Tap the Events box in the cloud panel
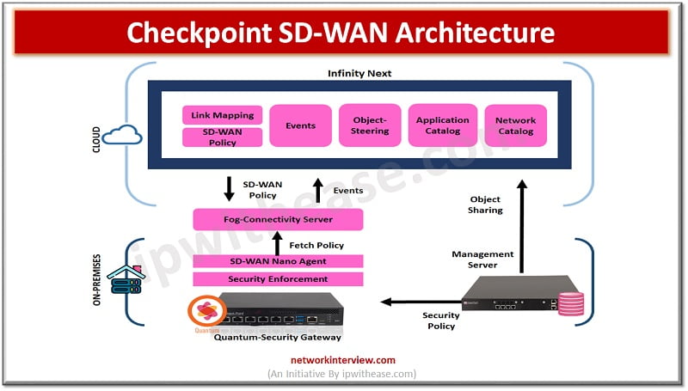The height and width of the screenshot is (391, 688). [x=300, y=125]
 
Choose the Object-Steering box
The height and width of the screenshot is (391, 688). [x=370, y=125]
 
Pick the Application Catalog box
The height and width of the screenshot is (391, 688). [x=442, y=125]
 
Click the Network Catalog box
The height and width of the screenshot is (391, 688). [x=515, y=125]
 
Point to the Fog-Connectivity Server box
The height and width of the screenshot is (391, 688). [x=278, y=219]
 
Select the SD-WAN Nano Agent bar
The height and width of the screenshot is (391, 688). [x=278, y=261]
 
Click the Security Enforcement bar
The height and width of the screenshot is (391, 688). [x=278, y=279]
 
